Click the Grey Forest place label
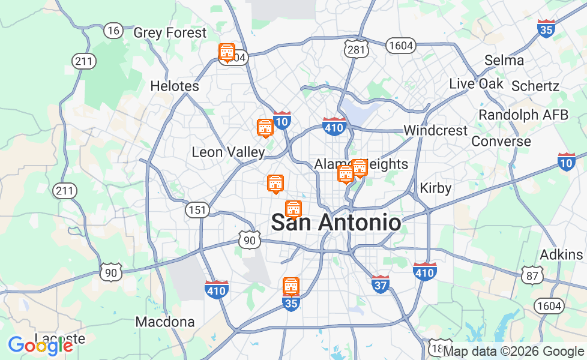pyautogui.click(x=170, y=33)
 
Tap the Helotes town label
pyautogui.click(x=175, y=86)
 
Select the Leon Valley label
pyautogui.click(x=228, y=152)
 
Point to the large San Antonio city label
pyautogui.click(x=336, y=223)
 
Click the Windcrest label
pyautogui.click(x=435, y=130)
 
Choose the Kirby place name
pyautogui.click(x=435, y=188)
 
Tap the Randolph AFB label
pyautogui.click(x=523, y=115)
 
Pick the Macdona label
pyautogui.click(x=165, y=322)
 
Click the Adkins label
pyautogui.click(x=561, y=254)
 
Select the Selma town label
pyautogui.click(x=504, y=60)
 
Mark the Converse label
pyautogui.click(x=501, y=142)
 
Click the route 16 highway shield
pyautogui.click(x=113, y=30)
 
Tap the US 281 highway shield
pyautogui.click(x=356, y=50)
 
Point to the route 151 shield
pyautogui.click(x=197, y=210)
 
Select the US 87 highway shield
pyautogui.click(x=532, y=275)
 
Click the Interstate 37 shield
pyautogui.click(x=380, y=283)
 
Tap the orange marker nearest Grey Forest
pyautogui.click(x=227, y=53)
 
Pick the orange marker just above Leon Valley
pyautogui.click(x=265, y=128)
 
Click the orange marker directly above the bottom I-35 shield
pyautogui.click(x=291, y=286)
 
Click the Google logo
pyautogui.click(x=40, y=345)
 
